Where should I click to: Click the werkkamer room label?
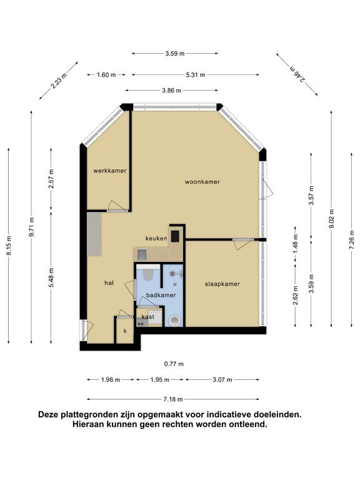[109, 171]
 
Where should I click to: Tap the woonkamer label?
[202, 182]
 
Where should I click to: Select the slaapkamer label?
[222, 284]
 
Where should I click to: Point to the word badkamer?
[161, 295]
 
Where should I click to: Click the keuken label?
[156, 238]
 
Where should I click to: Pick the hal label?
[109, 283]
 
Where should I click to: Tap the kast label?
[148, 317]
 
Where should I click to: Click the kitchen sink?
[142, 254]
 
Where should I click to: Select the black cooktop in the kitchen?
[175, 236]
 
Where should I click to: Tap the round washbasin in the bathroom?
[175, 321]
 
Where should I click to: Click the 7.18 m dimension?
[173, 399]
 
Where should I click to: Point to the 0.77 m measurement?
[174, 364]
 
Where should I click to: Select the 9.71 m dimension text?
[31, 227]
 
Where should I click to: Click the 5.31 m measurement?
[195, 75]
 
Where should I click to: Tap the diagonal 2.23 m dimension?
[59, 81]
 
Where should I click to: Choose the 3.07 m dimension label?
[222, 380]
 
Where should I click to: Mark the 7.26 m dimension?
[351, 240]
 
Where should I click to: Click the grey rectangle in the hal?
[94, 234]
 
